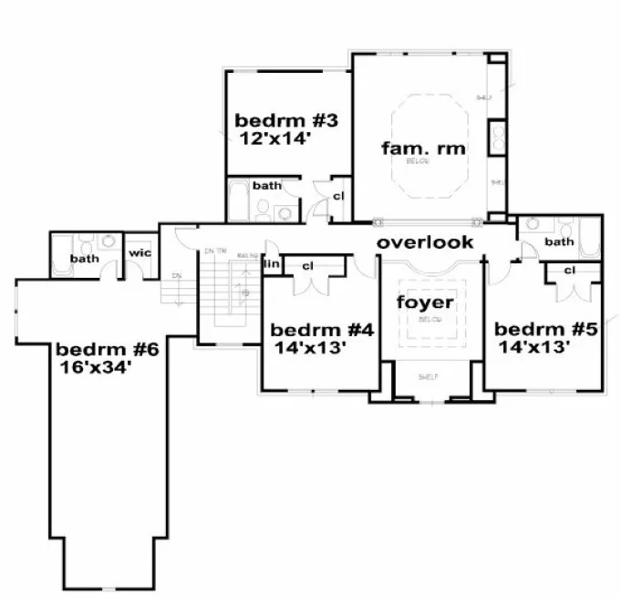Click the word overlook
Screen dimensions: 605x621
click(x=425, y=242)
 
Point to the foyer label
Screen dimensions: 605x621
click(x=424, y=302)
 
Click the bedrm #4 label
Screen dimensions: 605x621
click(x=322, y=330)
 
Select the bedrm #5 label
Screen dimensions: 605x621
click(x=545, y=329)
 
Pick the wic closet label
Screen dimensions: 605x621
click(x=140, y=252)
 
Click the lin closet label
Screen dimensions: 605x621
click(x=271, y=264)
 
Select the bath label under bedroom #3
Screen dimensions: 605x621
click(x=267, y=185)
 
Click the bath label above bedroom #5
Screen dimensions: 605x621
click(x=559, y=241)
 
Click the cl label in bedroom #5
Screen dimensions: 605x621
click(x=569, y=270)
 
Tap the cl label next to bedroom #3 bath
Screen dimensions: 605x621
click(x=337, y=195)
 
